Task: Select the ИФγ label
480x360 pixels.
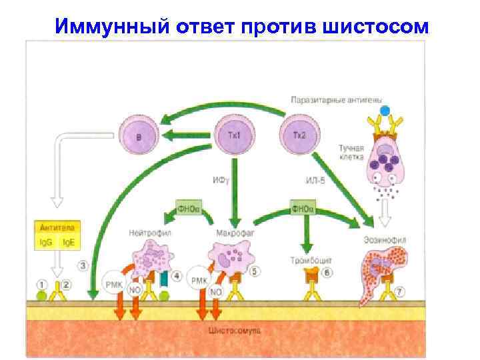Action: tap(221, 180)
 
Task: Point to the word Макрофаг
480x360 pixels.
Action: tap(231, 233)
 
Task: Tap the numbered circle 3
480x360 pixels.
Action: tap(83, 266)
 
